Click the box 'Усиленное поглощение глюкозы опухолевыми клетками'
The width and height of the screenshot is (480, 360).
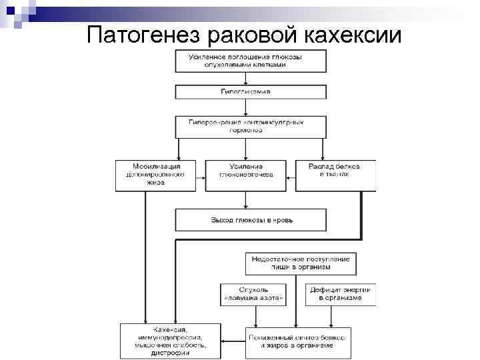pyautogui.click(x=251, y=61)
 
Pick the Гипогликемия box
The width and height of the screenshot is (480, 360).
pyautogui.click(x=251, y=91)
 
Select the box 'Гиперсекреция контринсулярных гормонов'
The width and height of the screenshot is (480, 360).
pyautogui.click(x=251, y=127)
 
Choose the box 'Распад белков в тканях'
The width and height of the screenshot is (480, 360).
pyautogui.click(x=335, y=175)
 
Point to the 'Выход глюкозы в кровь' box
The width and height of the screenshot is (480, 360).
pyautogui.click(x=251, y=219)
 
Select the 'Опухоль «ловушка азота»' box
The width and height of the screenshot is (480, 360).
pyautogui.click(x=253, y=294)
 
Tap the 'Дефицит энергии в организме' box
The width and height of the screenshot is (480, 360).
pyautogui.click(x=340, y=294)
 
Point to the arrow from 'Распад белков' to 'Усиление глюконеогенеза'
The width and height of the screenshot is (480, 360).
pyautogui.click(x=291, y=175)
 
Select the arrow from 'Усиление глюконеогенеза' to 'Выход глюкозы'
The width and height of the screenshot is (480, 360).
pyautogui.click(x=246, y=200)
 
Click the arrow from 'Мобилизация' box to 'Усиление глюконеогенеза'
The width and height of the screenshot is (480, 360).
pyautogui.click(x=201, y=175)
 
